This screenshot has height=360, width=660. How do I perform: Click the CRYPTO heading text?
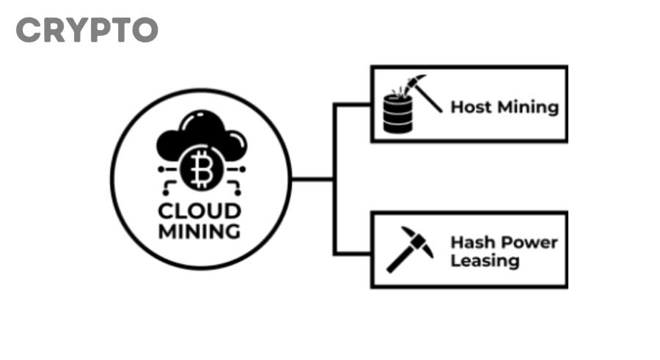[x=87, y=30]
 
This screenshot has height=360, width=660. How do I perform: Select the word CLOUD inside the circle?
[x=200, y=212]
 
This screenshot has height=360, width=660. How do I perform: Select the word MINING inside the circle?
[x=200, y=232]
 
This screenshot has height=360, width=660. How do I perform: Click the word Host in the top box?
[x=471, y=107]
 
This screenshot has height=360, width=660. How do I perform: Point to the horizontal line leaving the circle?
[x=312, y=178]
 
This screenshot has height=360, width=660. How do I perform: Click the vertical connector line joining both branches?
[x=334, y=178]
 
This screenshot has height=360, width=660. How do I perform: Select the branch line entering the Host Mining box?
[x=353, y=104]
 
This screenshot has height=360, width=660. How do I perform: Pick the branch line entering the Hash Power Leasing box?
[x=353, y=254]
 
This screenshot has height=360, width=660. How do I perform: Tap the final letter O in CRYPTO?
[x=144, y=30]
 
